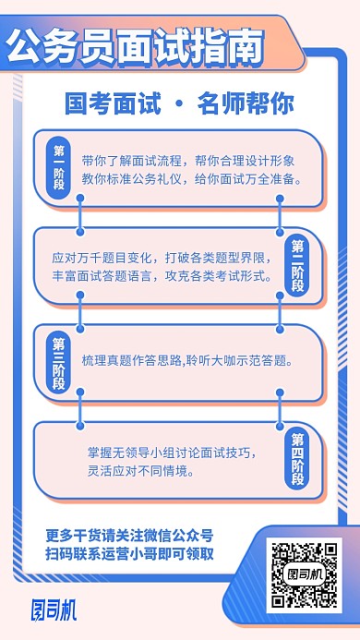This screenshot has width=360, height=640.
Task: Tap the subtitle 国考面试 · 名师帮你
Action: tap(179, 103)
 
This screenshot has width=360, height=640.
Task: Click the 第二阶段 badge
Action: tap(298, 264)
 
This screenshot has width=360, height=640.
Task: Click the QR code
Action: tap(304, 574)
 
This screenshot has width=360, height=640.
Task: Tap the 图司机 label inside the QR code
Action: tap(304, 575)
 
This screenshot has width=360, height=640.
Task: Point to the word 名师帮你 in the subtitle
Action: tap(245, 103)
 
